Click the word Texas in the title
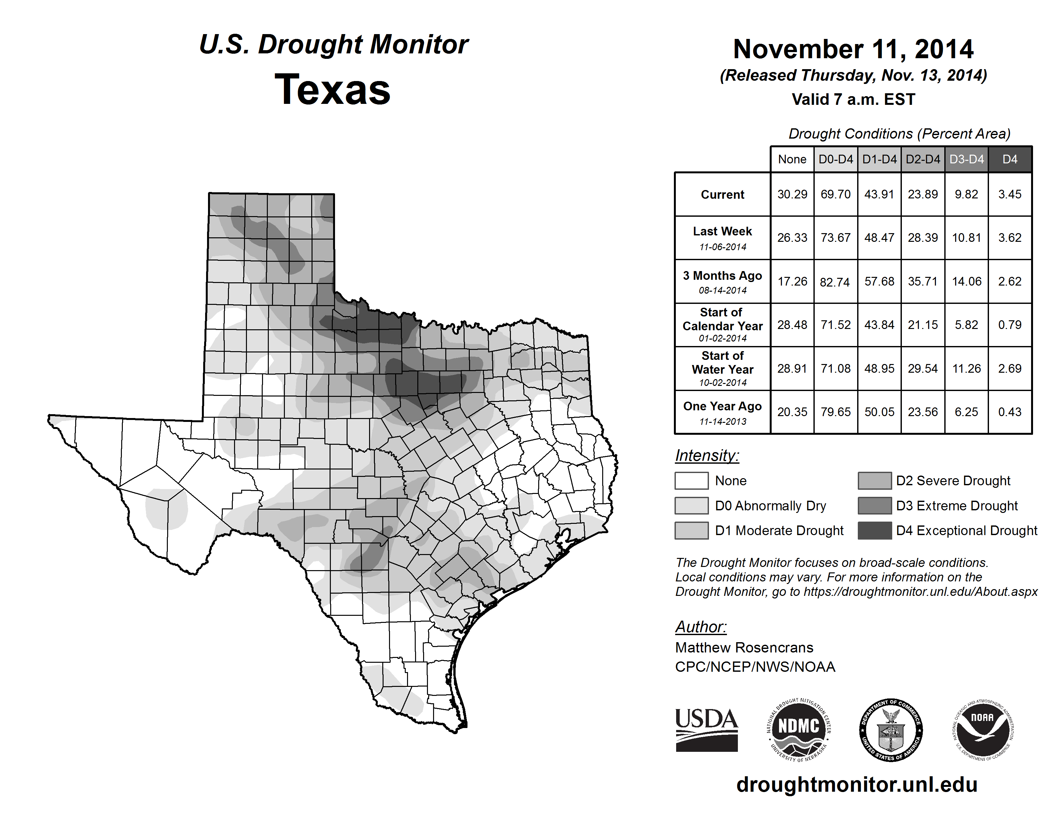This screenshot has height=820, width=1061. (332, 90)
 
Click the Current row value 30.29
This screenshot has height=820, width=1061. (792, 194)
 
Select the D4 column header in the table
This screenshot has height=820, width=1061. (1010, 159)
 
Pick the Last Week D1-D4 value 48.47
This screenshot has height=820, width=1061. (879, 238)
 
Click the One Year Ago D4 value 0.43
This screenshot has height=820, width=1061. (1010, 412)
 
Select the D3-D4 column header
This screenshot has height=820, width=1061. (966, 159)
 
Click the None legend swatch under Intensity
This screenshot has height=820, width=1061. (691, 480)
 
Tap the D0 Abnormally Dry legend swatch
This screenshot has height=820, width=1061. (691, 506)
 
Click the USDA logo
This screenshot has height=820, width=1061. (706, 730)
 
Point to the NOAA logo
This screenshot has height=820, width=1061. (982, 730)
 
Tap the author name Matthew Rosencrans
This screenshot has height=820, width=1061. (744, 648)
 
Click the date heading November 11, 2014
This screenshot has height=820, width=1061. (853, 49)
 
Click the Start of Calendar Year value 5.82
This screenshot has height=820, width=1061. (966, 324)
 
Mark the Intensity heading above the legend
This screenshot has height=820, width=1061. (707, 456)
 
